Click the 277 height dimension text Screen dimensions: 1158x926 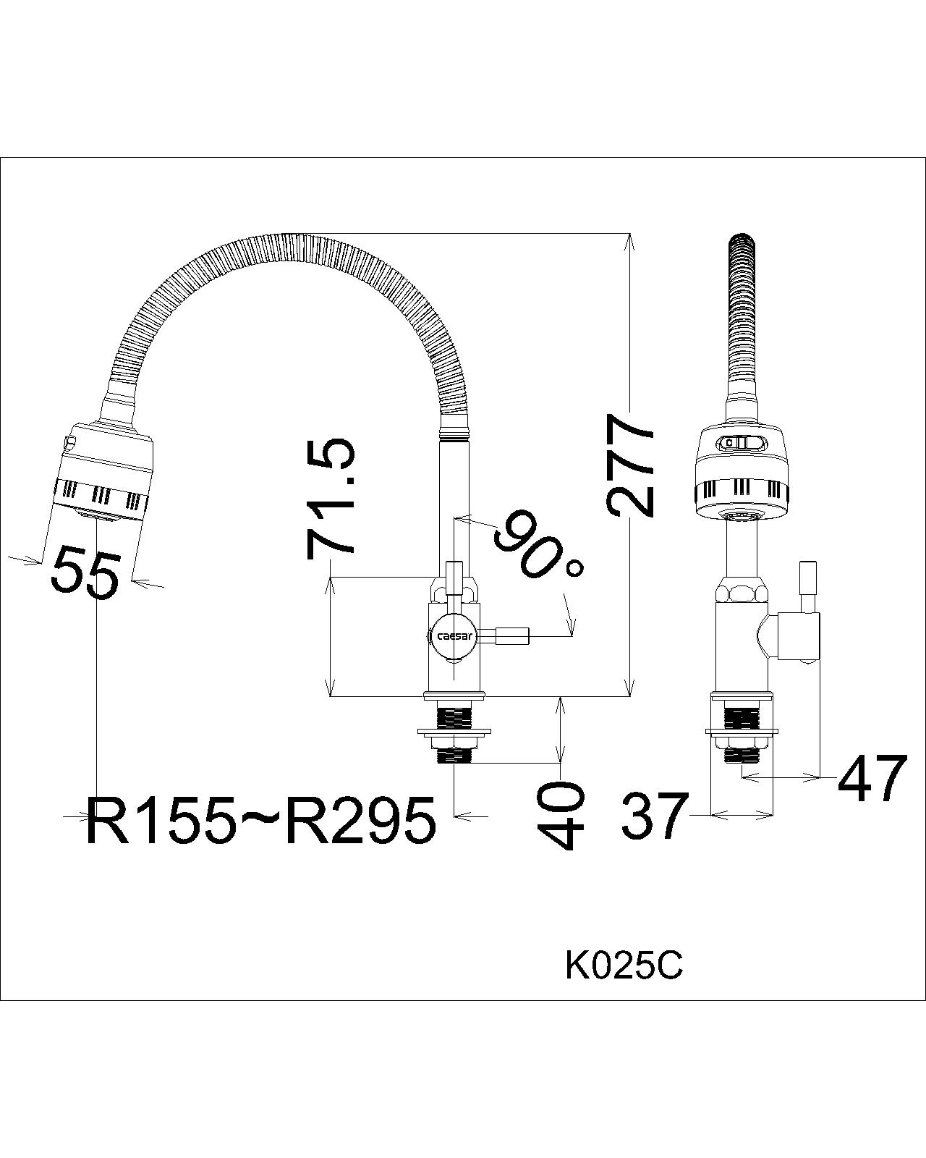pos(631,465)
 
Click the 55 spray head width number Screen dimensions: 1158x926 pos(85,572)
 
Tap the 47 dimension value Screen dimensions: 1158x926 pos(872,779)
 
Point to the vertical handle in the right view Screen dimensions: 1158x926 pos(807,579)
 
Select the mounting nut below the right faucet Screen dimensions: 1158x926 pos(741,741)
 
